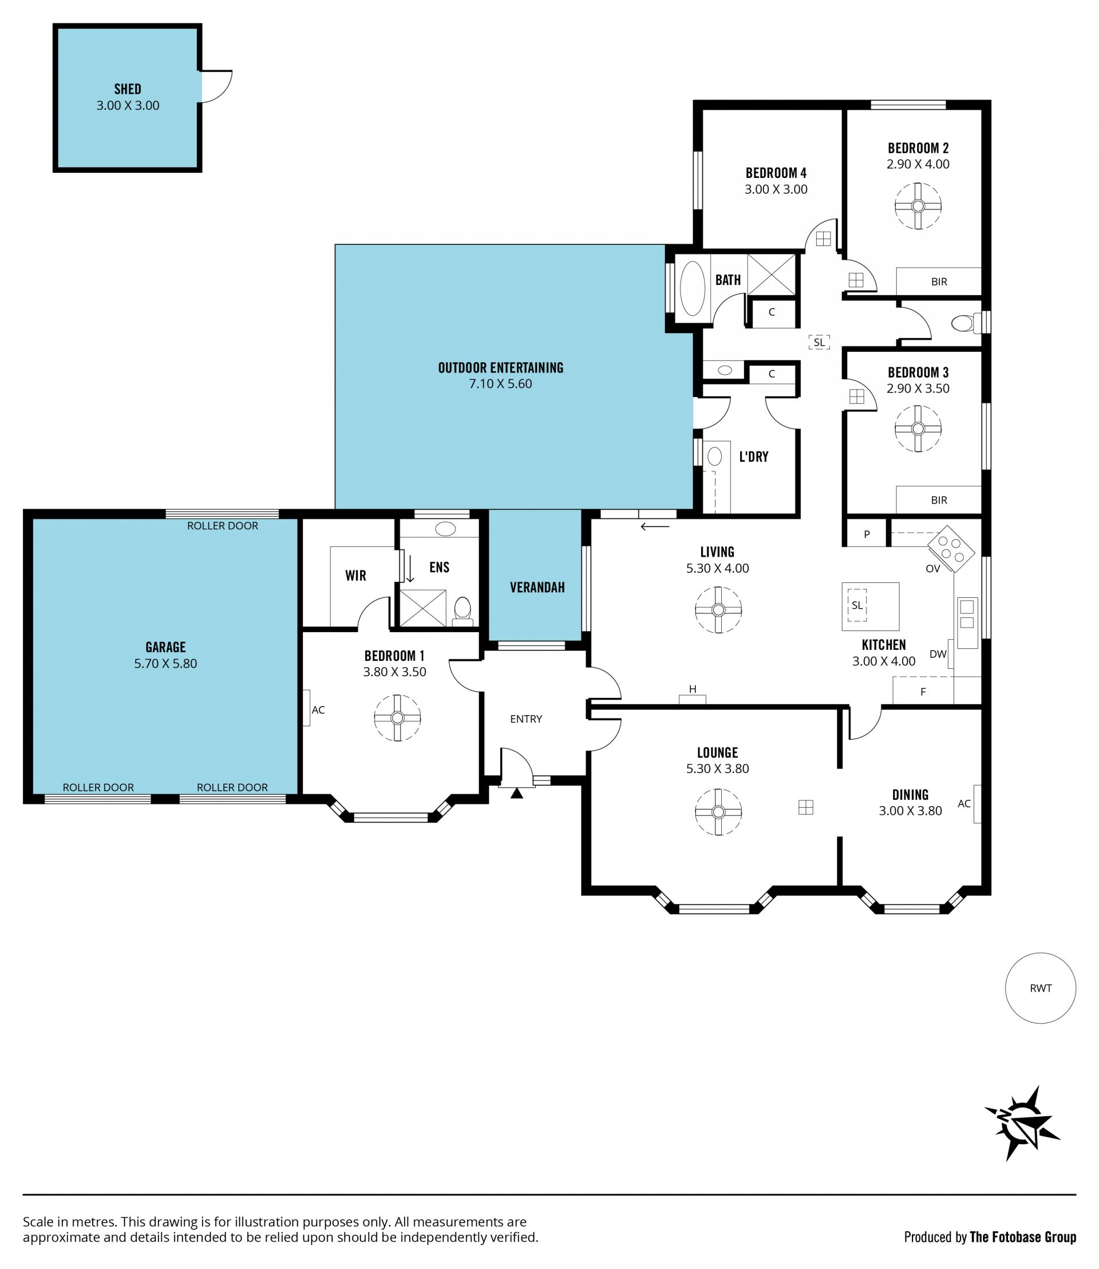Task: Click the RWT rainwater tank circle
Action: coord(1041,988)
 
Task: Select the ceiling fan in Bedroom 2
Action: coord(918,206)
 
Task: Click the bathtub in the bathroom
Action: coord(693,289)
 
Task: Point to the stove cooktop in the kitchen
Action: coord(951,549)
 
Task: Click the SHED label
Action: coord(128,89)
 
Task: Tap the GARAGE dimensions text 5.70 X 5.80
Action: coord(165,663)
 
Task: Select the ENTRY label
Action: coord(526,719)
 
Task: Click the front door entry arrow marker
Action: coord(517,794)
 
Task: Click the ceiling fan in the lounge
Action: coord(718,812)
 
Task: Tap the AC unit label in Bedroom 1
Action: coord(318,710)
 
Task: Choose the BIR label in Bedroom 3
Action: coord(939,500)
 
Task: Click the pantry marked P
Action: coord(867,534)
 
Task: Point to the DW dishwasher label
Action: coord(938,654)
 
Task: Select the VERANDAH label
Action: coord(537,587)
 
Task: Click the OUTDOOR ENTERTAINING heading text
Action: coord(500,368)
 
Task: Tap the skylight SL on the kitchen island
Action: coord(857,605)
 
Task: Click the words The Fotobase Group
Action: coord(1023,1237)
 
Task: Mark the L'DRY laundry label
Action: coord(754,456)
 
